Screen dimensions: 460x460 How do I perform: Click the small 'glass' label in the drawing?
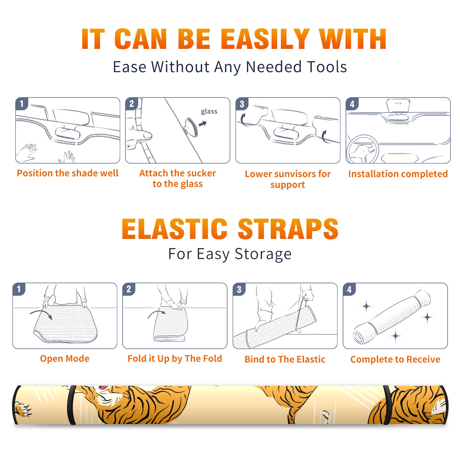pos(209,112)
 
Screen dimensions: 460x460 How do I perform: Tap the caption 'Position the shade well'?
pos(68,173)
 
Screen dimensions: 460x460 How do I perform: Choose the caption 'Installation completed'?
pos(398,174)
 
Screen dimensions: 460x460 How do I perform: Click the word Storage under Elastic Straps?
pos(263,254)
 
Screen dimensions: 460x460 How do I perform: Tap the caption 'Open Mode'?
pos(65,359)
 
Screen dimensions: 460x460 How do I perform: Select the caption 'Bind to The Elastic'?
pos(285,359)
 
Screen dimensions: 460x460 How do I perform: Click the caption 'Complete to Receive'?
pos(395,359)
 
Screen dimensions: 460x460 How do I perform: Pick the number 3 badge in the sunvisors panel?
pos(242,104)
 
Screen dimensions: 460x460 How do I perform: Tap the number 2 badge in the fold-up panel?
pos(129,289)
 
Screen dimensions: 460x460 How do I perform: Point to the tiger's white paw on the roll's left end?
pos(24,409)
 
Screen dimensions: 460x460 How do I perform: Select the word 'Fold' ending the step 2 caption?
pos(212,359)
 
